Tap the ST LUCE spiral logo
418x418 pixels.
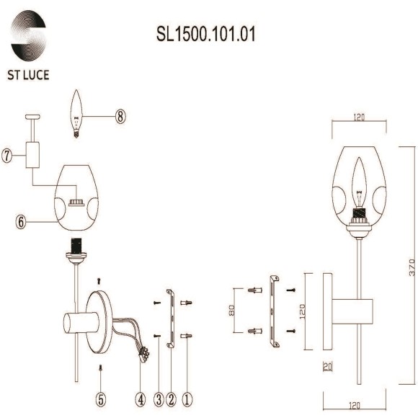pos(30,35)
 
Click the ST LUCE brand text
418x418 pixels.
pos(30,74)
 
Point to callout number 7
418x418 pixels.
pos(8,156)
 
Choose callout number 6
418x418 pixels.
pos(22,222)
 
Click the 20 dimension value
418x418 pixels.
pos(328,367)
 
